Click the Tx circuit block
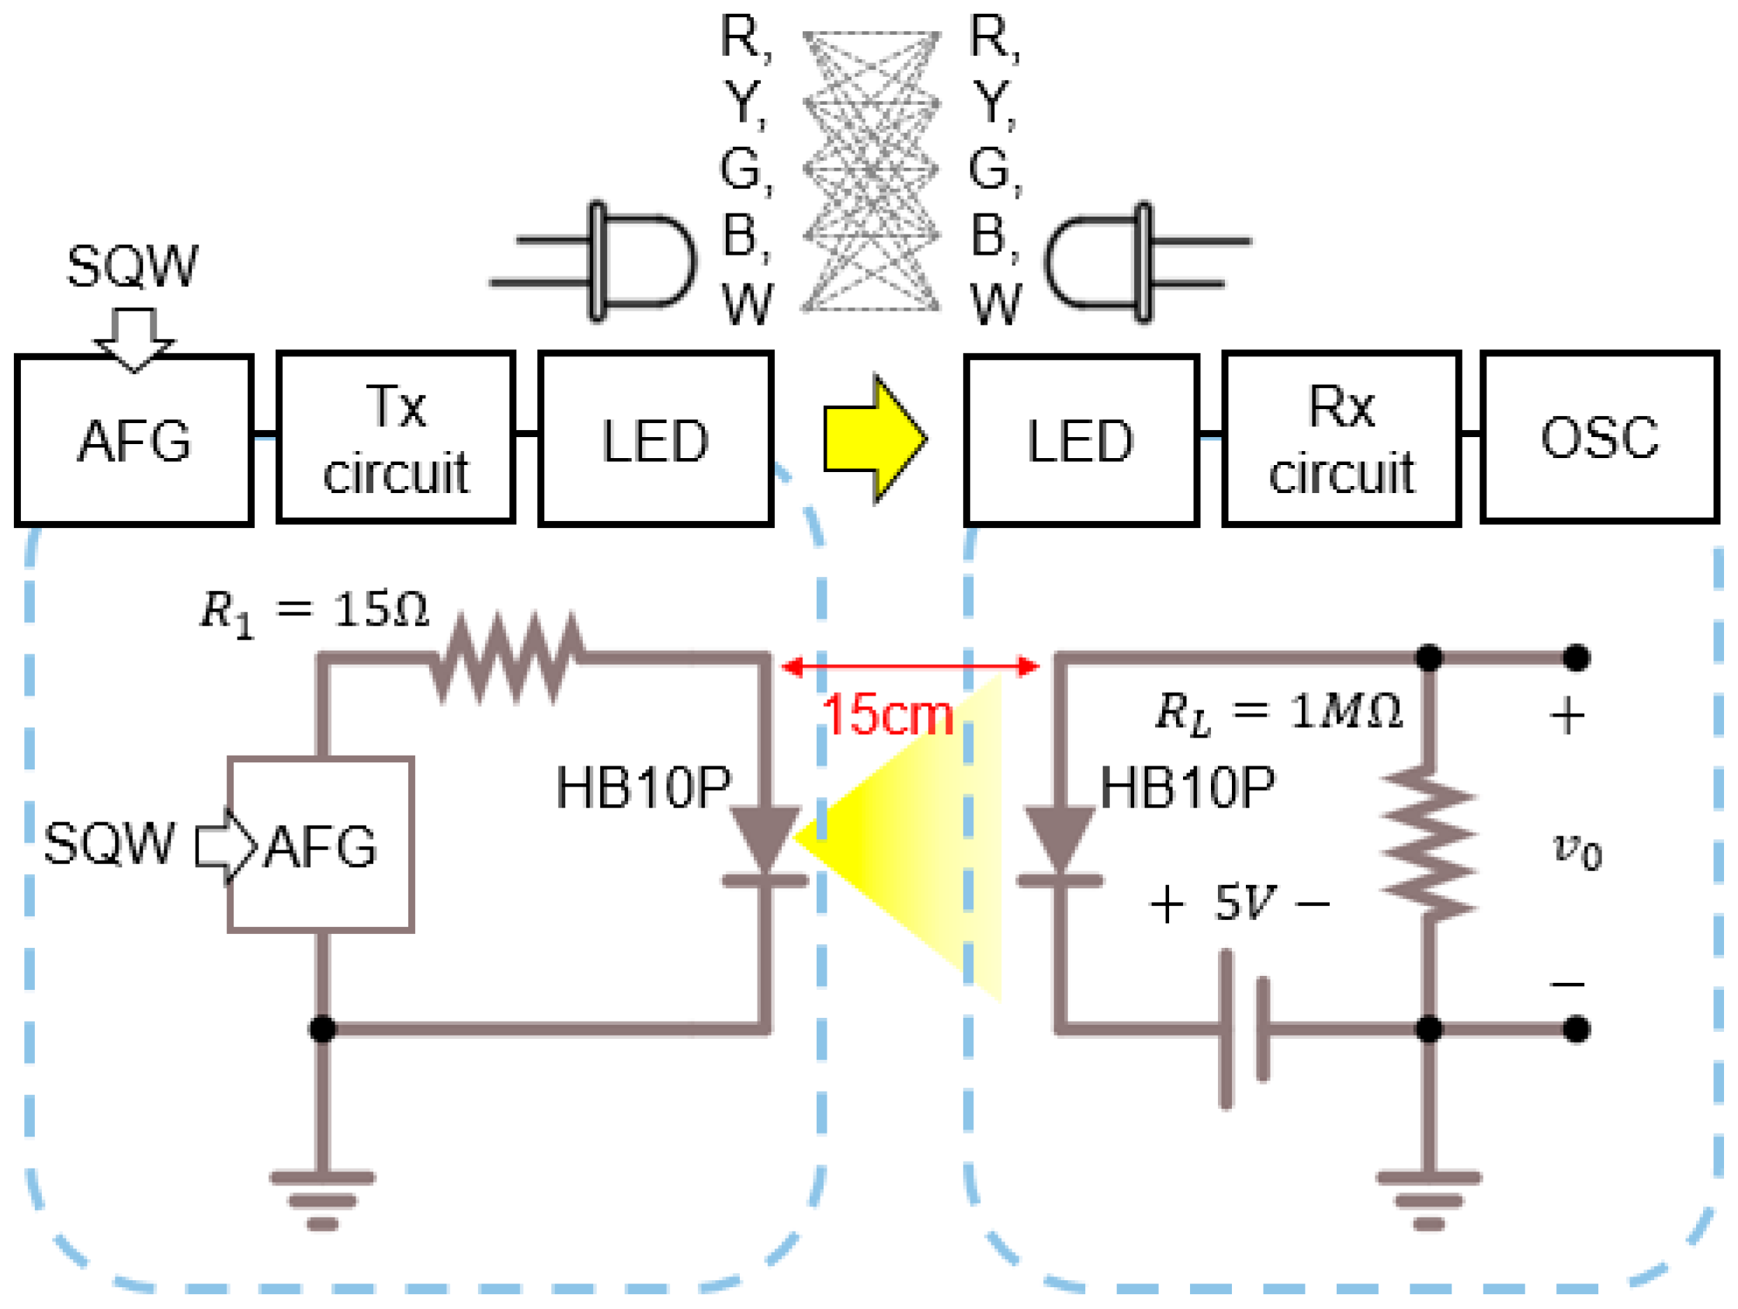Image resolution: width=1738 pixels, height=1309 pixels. click(x=395, y=439)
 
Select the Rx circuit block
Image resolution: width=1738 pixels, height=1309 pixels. click(x=1341, y=439)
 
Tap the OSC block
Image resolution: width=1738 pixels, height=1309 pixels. click(x=1599, y=437)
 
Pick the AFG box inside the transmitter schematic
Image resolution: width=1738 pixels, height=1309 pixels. click(x=321, y=845)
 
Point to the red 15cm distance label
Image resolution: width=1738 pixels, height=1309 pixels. click(x=886, y=715)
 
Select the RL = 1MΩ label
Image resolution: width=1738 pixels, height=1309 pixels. click(x=1277, y=713)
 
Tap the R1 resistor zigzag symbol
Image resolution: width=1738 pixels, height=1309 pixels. click(x=507, y=657)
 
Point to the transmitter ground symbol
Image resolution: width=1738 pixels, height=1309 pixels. click(x=322, y=1199)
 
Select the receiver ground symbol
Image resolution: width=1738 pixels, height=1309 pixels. click(x=1428, y=1199)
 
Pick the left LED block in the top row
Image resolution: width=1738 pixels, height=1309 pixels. click(x=655, y=439)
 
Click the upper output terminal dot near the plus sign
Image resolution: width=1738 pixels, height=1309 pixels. click(x=1575, y=658)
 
